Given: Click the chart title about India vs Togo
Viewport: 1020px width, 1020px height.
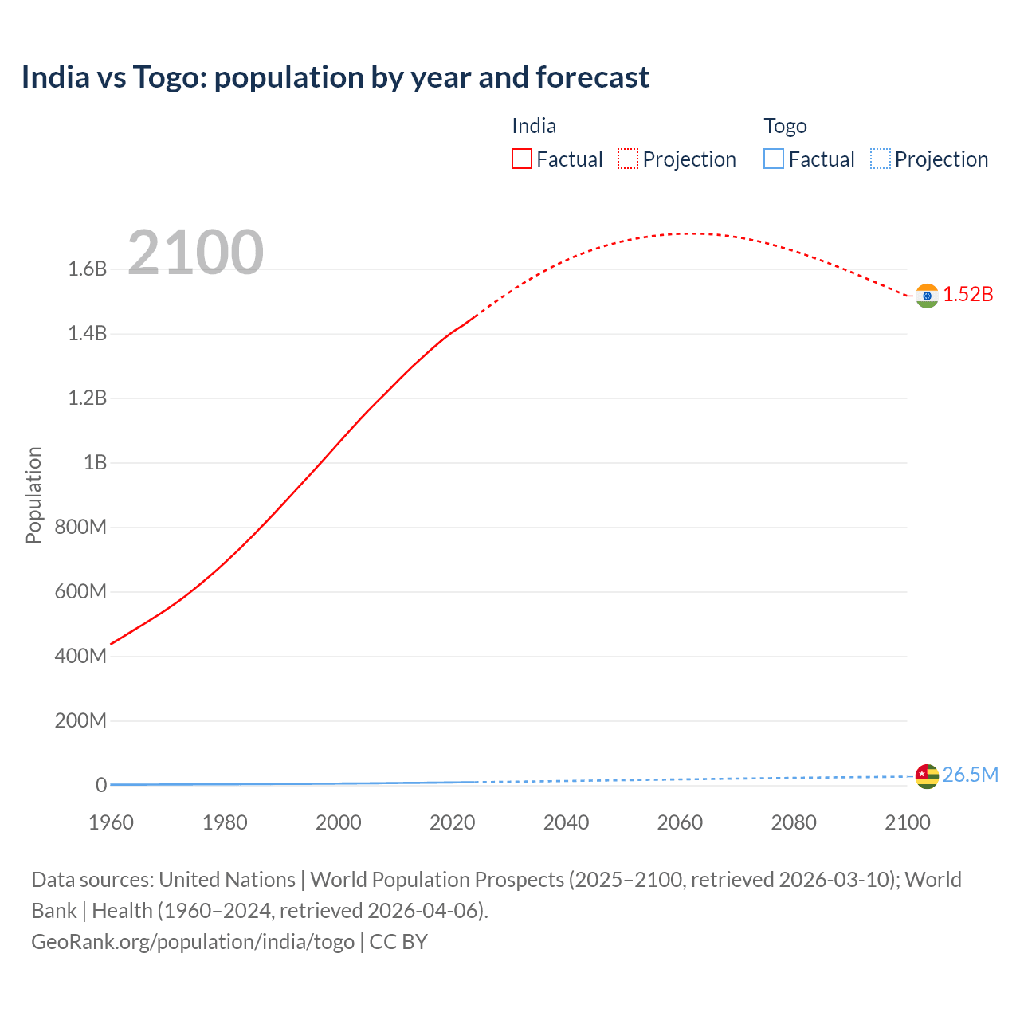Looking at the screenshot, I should coord(335,77).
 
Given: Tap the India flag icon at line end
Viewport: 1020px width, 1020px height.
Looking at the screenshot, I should coord(927,296).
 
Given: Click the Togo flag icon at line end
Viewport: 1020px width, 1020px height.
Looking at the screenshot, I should coord(927,776).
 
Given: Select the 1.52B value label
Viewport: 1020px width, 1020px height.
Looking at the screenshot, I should coord(968,295).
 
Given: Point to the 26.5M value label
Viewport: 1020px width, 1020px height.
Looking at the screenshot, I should coord(970,775).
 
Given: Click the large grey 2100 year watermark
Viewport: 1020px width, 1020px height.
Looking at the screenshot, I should coord(195,253).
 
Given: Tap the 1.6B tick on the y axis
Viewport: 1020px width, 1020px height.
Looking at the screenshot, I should coord(88,269).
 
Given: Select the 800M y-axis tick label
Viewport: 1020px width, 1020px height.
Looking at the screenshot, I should coord(80,528).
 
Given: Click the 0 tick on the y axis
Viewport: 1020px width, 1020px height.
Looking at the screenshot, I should coord(101,786).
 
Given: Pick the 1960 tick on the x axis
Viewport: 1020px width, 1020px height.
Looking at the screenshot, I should coord(111,822).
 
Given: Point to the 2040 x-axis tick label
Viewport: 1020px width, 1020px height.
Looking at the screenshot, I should coord(566,822).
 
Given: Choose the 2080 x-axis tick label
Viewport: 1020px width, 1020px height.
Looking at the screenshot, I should coord(794,822).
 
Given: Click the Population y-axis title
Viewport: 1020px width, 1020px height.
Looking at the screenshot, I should coord(33,495).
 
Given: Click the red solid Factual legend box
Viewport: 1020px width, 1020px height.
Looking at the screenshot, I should coord(521,159).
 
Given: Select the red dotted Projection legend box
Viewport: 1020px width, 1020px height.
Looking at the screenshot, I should coord(628,159).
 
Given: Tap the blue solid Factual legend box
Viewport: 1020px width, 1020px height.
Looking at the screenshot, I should coord(774,159).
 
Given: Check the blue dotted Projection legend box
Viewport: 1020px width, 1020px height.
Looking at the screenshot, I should coord(880,159).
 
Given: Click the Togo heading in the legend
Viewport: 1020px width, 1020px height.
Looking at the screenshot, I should coord(785,126).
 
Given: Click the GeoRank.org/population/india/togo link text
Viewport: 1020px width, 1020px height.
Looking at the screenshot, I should coord(193,942).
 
